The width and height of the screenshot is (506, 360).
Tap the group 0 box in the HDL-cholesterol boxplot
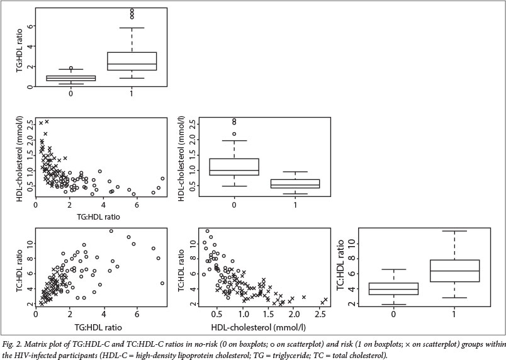tap(233, 167)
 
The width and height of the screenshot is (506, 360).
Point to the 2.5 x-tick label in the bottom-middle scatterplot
tap(321, 313)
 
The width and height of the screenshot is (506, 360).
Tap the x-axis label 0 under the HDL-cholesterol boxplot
tap(233, 203)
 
